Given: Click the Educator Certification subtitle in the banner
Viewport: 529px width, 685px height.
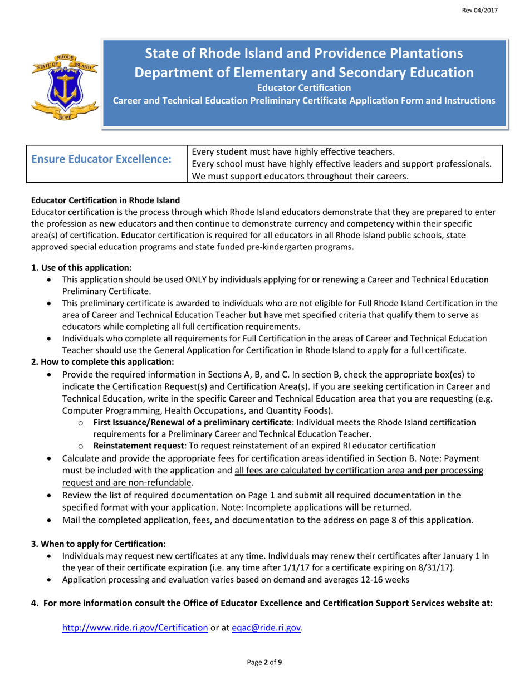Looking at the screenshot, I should click(x=303, y=87).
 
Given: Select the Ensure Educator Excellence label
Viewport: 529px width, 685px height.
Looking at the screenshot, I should click(x=101, y=159).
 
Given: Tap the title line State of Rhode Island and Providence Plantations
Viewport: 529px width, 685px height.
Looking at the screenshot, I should click(x=303, y=53).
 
